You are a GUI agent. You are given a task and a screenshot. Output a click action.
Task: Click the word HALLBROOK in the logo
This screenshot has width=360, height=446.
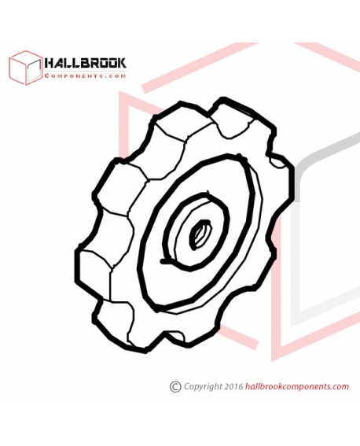coord(85,63)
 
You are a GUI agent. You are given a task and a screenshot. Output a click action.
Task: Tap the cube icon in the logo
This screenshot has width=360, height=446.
coord(25,68)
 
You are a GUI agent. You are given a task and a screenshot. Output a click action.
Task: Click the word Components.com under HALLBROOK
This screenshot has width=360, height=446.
coord(85,76)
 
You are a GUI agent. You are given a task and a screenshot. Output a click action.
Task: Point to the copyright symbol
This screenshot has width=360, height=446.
coord(175,386)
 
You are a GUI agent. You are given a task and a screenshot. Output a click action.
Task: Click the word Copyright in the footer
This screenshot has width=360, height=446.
coord(203,387)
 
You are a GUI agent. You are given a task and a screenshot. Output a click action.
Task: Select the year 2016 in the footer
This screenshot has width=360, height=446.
coord(233,386)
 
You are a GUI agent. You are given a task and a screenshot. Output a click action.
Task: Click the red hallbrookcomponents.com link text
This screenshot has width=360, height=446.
coord(296,386)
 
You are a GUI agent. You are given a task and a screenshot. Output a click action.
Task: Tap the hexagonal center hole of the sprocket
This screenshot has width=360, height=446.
coord(200,234)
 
